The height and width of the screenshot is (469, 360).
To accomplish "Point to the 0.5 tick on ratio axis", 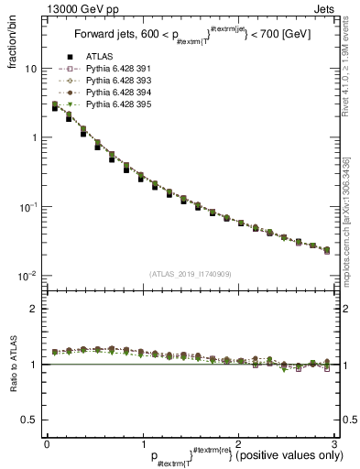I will click(x=27, y=420).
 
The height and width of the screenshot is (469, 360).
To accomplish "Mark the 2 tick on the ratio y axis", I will click(x=32, y=309).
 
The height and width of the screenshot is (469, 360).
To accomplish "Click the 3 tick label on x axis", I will click(x=334, y=443).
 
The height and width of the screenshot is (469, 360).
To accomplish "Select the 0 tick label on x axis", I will click(x=47, y=443).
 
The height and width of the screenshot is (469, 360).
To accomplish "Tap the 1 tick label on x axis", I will click(x=142, y=443).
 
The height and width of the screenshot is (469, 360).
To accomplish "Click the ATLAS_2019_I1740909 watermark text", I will click(x=191, y=274).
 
